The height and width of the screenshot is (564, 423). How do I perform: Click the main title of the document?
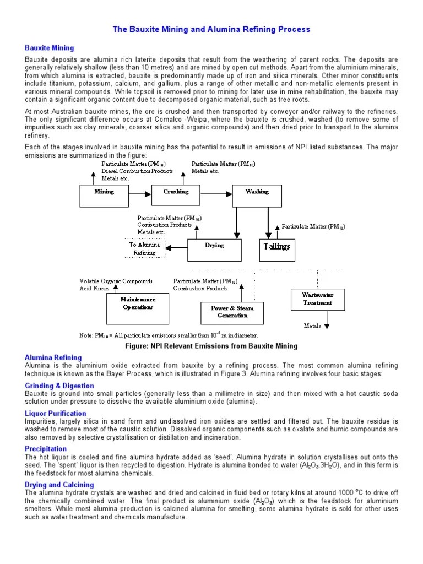coord(211,29)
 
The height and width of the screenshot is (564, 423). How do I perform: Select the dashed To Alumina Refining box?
coord(145,248)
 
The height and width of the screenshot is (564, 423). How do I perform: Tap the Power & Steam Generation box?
coord(232,313)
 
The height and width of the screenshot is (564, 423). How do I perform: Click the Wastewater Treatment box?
coord(317,299)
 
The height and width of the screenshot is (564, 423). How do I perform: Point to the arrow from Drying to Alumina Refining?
coord(177,248)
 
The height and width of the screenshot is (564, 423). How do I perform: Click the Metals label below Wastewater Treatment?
coord(312,326)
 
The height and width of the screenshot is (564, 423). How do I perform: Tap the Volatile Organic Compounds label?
coord(116,281)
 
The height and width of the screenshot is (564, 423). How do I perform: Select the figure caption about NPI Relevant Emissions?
coord(211,346)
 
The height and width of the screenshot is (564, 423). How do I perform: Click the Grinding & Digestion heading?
coord(59,386)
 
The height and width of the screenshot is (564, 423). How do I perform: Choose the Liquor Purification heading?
coord(56,413)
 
